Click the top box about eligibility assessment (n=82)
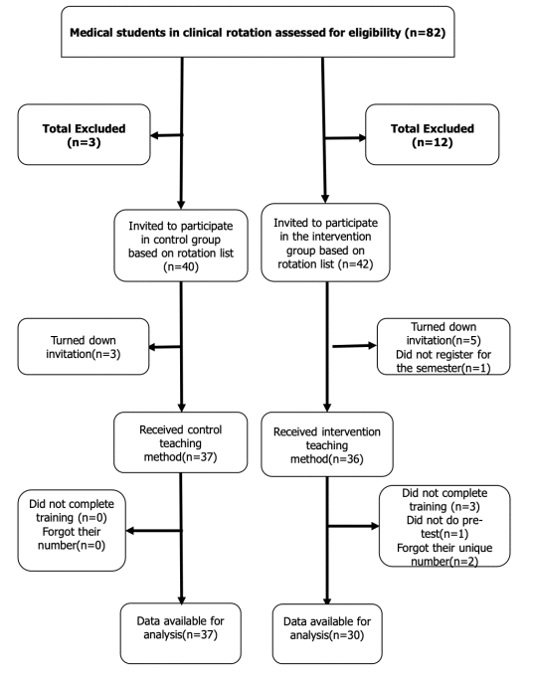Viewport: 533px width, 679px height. pyautogui.click(x=258, y=32)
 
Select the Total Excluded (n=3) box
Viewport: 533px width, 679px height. pyautogui.click(x=84, y=134)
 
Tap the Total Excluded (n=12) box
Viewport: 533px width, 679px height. pyautogui.click(x=433, y=134)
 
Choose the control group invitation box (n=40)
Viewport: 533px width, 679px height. pyautogui.click(x=181, y=246)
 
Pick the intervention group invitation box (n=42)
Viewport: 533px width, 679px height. pyautogui.click(x=325, y=243)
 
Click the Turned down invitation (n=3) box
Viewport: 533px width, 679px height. pyautogui.click(x=84, y=346)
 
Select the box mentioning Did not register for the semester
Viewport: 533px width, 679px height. pyautogui.click(x=444, y=346)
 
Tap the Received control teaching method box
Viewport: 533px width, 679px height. pyautogui.click(x=181, y=442)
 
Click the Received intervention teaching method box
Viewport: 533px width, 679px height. pyautogui.click(x=327, y=444)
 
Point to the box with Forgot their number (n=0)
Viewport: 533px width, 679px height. pyautogui.click(x=72, y=530)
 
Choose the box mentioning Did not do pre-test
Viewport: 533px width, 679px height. pyautogui.click(x=444, y=526)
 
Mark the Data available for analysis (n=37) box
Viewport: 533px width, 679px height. pyautogui.click(x=181, y=633)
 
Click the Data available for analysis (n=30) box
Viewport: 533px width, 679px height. pyautogui.click(x=327, y=634)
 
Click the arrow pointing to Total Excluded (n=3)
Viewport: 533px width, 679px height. pyautogui.click(x=167, y=135)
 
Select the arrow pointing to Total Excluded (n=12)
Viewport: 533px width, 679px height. pyautogui.click(x=345, y=138)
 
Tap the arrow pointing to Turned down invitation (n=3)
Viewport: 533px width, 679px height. pyautogui.click(x=165, y=347)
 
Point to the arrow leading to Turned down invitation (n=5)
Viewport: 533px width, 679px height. pyautogui.click(x=355, y=346)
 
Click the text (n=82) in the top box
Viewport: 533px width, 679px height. pyautogui.click(x=426, y=33)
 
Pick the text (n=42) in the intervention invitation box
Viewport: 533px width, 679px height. pyautogui.click(x=357, y=264)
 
